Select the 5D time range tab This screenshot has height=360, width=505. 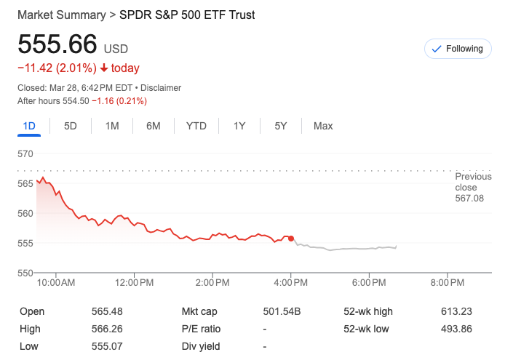pyautogui.click(x=71, y=126)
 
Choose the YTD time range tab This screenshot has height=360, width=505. pyautogui.click(x=196, y=126)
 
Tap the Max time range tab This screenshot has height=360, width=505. pyautogui.click(x=323, y=126)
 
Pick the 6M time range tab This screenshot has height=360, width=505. pyautogui.click(x=154, y=126)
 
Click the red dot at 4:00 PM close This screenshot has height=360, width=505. pyautogui.click(x=291, y=238)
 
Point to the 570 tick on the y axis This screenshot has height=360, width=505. pyautogui.click(x=26, y=153)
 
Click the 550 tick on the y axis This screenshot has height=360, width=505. pyautogui.click(x=26, y=272)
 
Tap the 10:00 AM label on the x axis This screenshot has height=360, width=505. pyautogui.click(x=56, y=282)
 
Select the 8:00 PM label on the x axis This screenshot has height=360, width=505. pyautogui.click(x=447, y=282)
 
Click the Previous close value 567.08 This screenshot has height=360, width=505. pyautogui.click(x=469, y=198)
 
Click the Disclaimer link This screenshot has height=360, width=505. pyautogui.click(x=161, y=87)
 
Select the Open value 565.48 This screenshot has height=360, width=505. pyautogui.click(x=106, y=311)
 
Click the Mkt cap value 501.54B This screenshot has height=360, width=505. pyautogui.click(x=282, y=311)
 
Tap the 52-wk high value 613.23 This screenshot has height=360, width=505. pyautogui.click(x=456, y=311)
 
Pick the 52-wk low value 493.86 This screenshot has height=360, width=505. pyautogui.click(x=456, y=329)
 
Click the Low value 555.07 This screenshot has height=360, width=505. pyautogui.click(x=106, y=346)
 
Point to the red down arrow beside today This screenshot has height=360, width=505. pyautogui.click(x=104, y=68)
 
